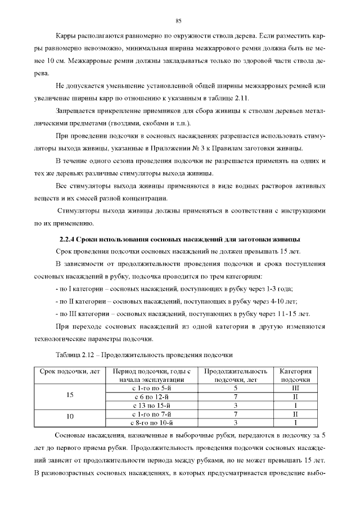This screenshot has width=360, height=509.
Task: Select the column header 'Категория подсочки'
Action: click(295, 376)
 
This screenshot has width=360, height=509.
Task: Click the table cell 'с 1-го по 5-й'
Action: click(151, 388)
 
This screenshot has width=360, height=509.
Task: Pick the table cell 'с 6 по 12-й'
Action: click(151, 396)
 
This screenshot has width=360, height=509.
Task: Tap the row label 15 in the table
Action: click(70, 396)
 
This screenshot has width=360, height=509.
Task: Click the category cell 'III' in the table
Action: click(295, 388)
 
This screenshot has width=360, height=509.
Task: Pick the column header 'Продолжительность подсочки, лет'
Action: click(236, 376)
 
